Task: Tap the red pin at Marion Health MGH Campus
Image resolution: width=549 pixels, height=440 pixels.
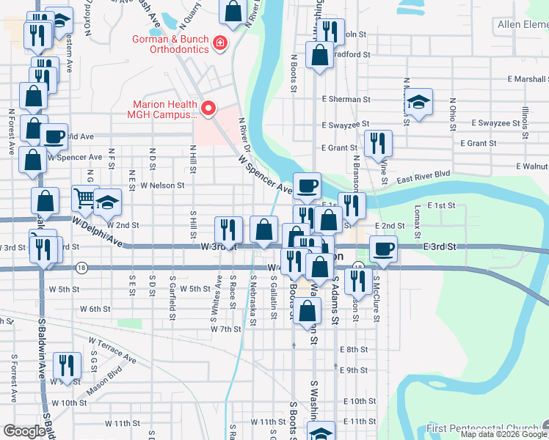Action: pyautogui.click(x=208, y=109)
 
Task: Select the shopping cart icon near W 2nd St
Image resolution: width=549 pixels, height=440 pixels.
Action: pyautogui.click(x=85, y=197)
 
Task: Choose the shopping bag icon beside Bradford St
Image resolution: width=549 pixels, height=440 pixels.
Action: pyautogui.click(x=320, y=55)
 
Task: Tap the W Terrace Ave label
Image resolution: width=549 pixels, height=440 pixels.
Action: pyautogui.click(x=112, y=350)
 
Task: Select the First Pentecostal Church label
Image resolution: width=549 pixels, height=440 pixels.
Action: pyautogui.click(x=482, y=428)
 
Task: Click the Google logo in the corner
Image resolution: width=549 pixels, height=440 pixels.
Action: pyautogui.click(x=25, y=431)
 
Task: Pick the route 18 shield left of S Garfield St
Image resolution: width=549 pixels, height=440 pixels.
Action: pyautogui.click(x=81, y=268)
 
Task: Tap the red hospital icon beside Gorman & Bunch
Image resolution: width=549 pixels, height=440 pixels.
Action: pyautogui.click(x=218, y=45)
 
